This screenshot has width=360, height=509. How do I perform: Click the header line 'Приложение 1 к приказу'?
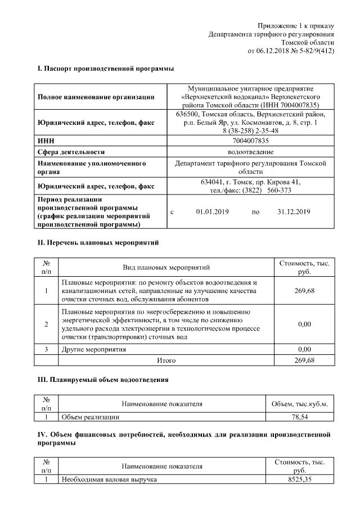pyautogui.click(x=296, y=26)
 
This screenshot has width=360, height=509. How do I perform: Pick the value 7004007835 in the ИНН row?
pyautogui.click(x=250, y=141)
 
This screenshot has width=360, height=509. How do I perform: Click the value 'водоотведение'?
pyautogui.click(x=250, y=152)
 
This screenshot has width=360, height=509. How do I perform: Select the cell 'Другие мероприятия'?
pyautogui.click(x=94, y=349)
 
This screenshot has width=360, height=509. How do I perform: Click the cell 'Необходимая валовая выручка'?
pyautogui.click(x=110, y=479)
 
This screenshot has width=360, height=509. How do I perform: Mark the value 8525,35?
pyautogui.click(x=299, y=479)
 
